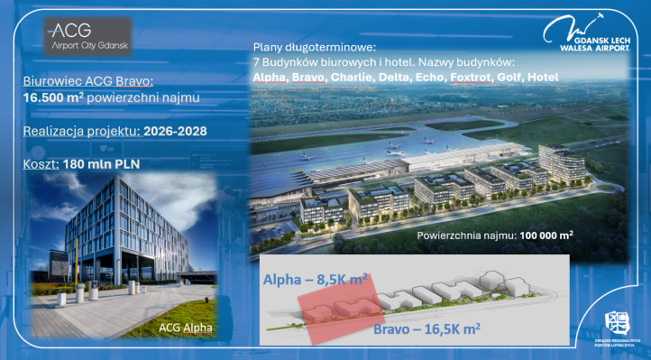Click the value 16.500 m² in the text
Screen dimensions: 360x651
[x=51, y=97]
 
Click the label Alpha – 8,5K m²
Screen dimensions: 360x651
[x=316, y=281]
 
